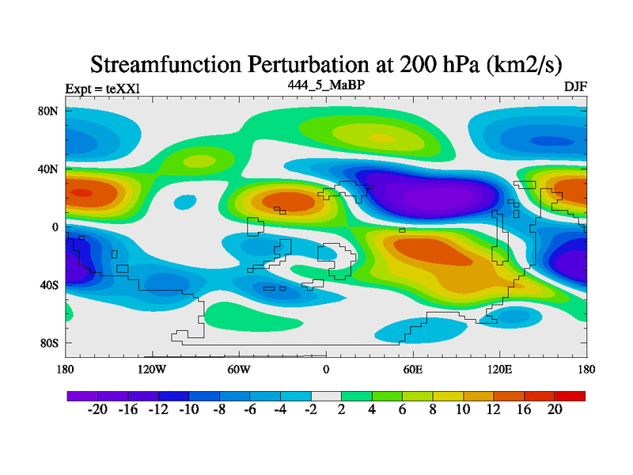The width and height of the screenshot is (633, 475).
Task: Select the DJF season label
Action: pyautogui.click(x=574, y=85)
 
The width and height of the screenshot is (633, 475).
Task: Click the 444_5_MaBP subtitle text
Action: pyautogui.click(x=326, y=84)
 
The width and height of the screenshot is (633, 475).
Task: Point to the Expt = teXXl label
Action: pyautogui.click(x=102, y=88)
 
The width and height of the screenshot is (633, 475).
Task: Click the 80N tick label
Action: pyautogui.click(x=50, y=111)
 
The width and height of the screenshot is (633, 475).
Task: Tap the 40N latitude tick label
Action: pyautogui.click(x=50, y=169)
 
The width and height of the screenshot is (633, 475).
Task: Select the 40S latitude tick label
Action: pyautogui.click(x=50, y=285)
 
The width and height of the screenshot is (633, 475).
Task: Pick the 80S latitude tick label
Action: pyautogui.click(x=50, y=343)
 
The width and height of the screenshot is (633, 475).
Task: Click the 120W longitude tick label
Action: pyautogui.click(x=152, y=369)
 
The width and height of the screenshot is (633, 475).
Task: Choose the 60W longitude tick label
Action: pyautogui.click(x=239, y=369)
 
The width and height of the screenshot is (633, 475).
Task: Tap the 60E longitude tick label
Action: pyautogui.click(x=412, y=369)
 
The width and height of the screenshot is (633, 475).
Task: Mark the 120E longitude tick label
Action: pyautogui.click(x=499, y=369)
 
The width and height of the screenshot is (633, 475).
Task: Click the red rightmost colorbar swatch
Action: pyautogui.click(x=570, y=395)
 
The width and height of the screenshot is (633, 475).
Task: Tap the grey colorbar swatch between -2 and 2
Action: pyautogui.click(x=326, y=395)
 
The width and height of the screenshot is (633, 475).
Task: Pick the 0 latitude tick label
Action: pyautogui.click(x=55, y=227)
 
